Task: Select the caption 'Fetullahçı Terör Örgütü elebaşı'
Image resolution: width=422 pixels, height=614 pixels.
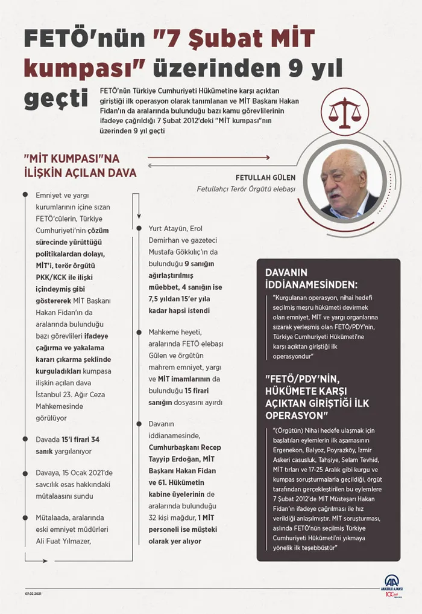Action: click(x=246, y=189)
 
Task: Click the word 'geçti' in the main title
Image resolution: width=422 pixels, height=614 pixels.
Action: click(x=56, y=97)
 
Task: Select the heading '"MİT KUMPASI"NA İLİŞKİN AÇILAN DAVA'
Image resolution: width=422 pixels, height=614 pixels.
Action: click(x=80, y=166)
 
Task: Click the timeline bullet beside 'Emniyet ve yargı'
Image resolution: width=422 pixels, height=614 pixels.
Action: click(x=24, y=194)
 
